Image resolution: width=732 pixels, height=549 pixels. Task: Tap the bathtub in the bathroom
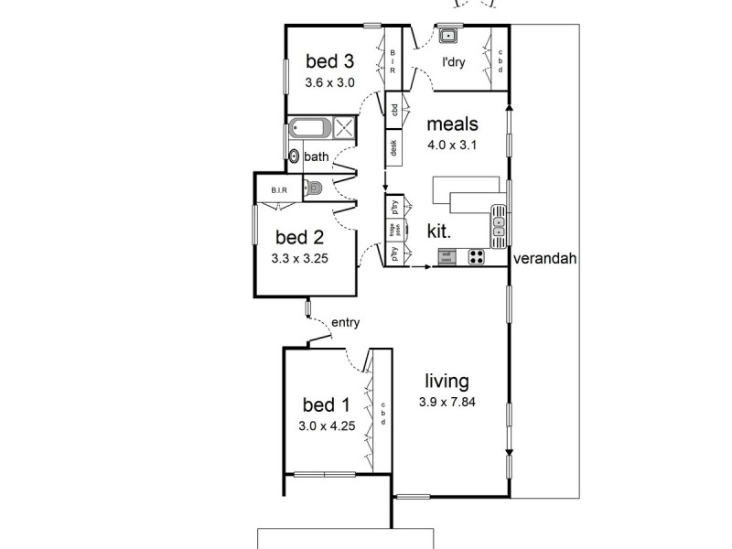tap(309, 128)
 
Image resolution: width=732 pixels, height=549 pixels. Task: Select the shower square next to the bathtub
tap(344, 128)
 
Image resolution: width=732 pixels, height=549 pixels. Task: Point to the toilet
tap(315, 189)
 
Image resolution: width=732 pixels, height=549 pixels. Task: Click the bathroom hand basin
tap(294, 156)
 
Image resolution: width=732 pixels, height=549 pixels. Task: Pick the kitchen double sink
tap(499, 222)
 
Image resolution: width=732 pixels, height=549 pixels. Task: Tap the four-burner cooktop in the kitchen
tap(477, 257)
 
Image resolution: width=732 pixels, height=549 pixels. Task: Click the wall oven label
tap(447, 257)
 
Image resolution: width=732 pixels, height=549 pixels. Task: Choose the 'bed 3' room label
tap(329, 61)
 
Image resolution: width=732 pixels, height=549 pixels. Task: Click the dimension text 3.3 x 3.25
tap(299, 258)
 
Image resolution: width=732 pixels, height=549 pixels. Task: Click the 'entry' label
tap(345, 321)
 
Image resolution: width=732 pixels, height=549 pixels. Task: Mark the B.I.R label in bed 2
tap(279, 190)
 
